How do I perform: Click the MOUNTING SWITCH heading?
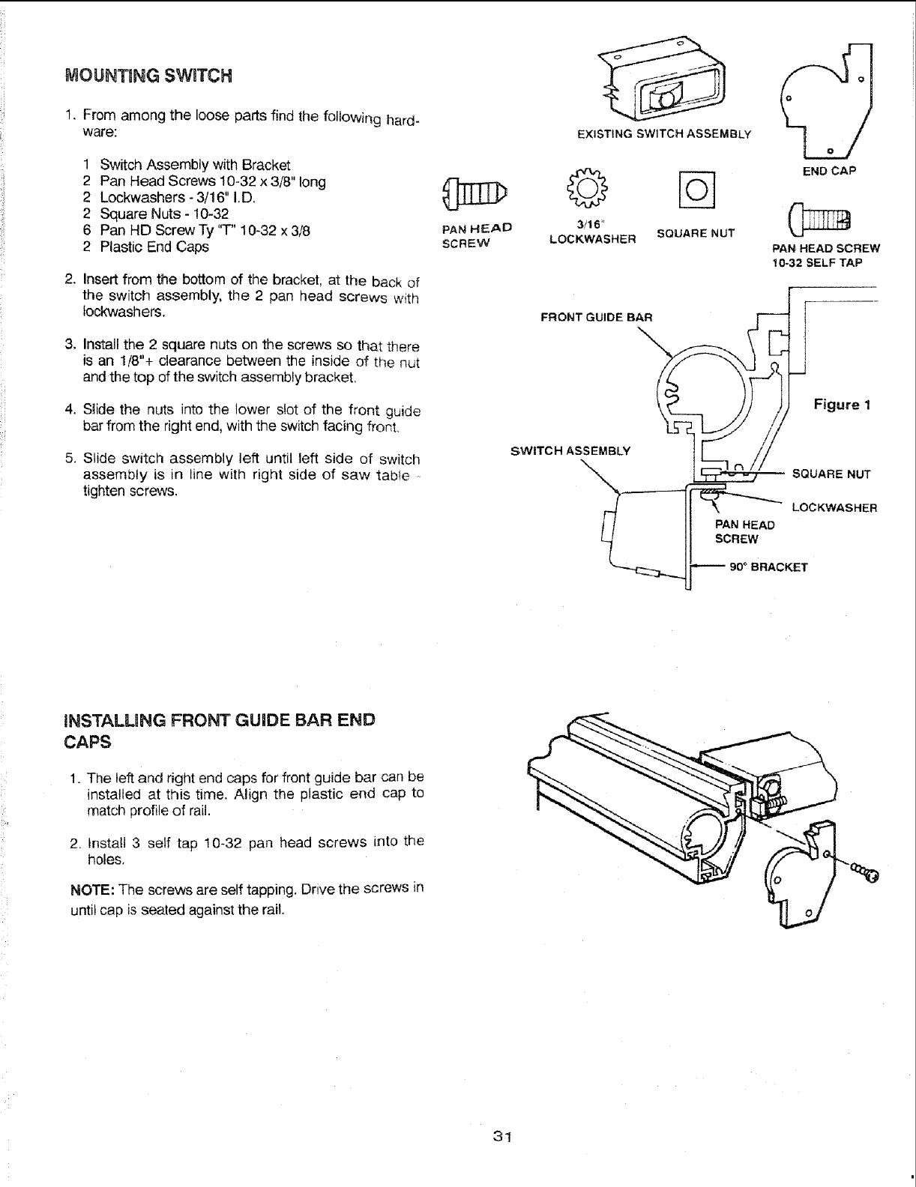[x=149, y=76]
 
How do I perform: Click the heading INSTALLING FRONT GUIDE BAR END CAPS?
[x=219, y=731]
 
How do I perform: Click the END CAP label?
[x=828, y=170]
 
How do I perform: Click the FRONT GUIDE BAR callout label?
[x=597, y=317]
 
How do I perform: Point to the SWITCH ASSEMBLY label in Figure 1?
[x=570, y=450]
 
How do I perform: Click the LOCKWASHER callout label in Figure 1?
[x=834, y=507]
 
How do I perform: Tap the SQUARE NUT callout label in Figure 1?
[x=831, y=474]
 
